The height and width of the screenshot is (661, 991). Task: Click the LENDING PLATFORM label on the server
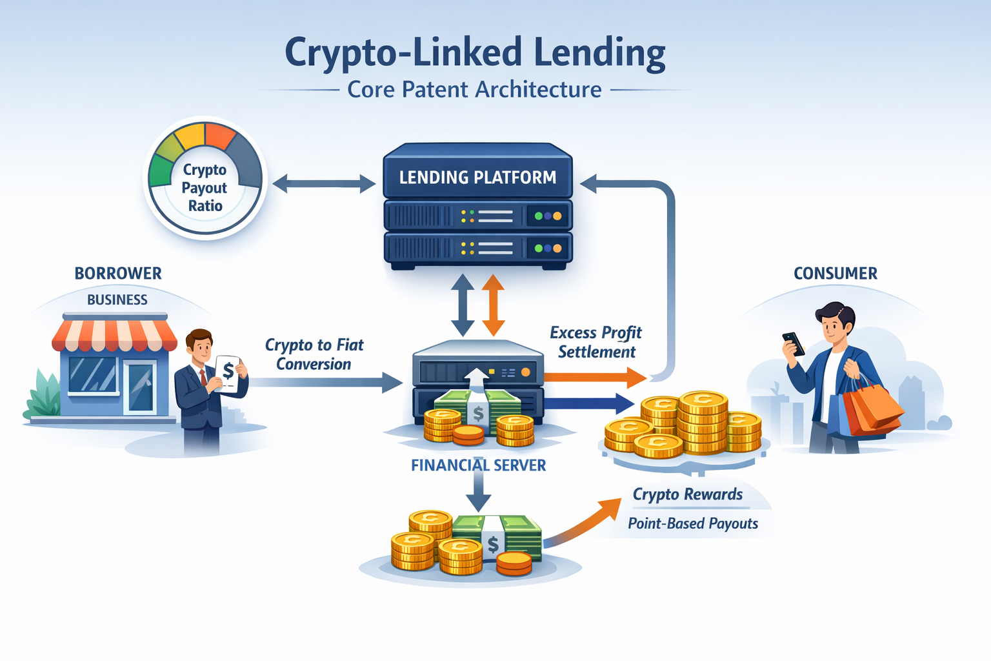point(477,178)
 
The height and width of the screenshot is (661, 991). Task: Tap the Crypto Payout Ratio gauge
point(205,179)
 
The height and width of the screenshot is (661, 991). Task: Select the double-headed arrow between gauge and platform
point(324,184)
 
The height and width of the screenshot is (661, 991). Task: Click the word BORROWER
point(118,274)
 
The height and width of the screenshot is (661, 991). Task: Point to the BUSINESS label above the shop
point(117,300)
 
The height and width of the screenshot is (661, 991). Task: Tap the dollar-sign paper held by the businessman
point(228,372)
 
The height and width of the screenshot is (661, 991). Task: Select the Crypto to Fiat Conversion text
point(314,354)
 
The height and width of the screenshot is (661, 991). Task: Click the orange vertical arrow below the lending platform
point(494,305)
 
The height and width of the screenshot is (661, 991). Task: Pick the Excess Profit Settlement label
point(596,342)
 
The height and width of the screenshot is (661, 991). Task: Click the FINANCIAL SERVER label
point(478,465)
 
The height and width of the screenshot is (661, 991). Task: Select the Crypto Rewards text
point(688,494)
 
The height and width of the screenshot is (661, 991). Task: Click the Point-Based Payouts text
point(693,524)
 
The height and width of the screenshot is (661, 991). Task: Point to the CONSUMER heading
point(836,274)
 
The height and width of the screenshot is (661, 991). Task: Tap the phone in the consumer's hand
point(794,343)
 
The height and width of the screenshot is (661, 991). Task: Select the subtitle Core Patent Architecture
point(474,90)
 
